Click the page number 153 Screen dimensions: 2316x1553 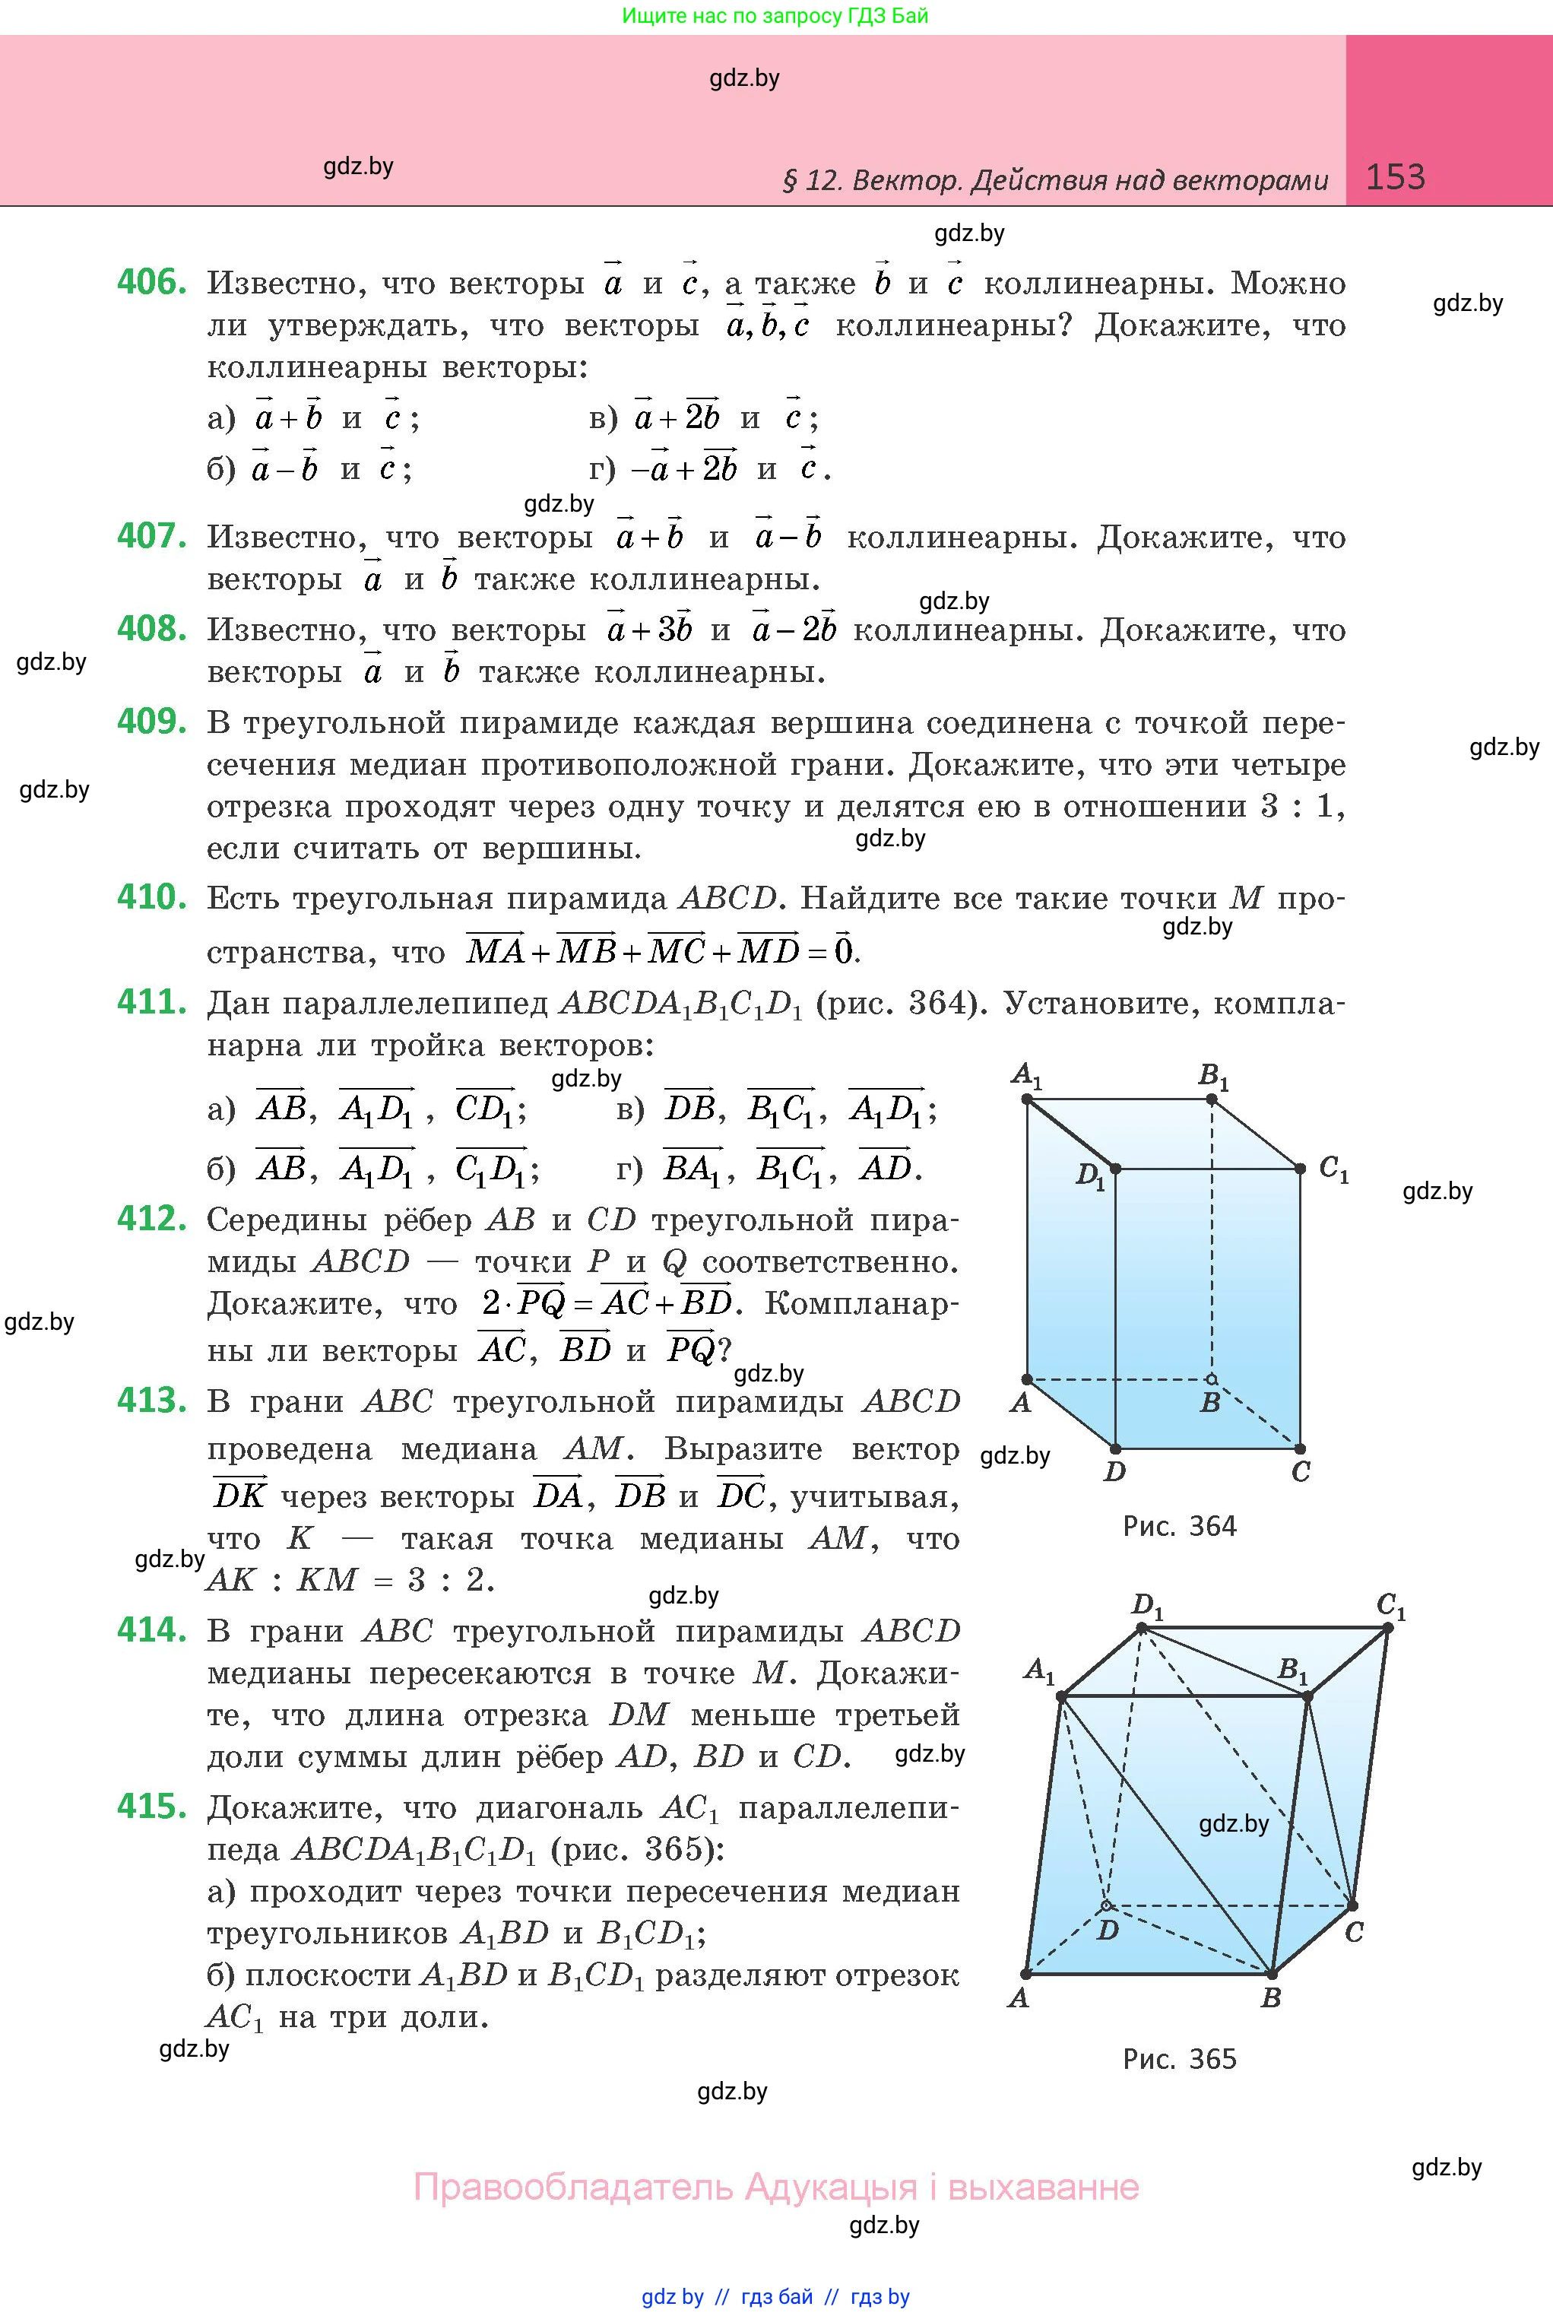click(x=1395, y=176)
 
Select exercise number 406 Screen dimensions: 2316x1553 click(x=151, y=282)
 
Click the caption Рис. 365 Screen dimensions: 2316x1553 click(x=1178, y=2060)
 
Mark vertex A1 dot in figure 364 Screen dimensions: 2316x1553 click(x=1027, y=1099)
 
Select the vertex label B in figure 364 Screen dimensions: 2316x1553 click(x=1209, y=1403)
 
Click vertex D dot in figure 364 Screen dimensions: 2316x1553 click(x=1115, y=1449)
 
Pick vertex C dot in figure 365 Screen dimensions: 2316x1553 click(x=1353, y=1905)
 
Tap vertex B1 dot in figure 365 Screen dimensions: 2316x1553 click(x=1307, y=1697)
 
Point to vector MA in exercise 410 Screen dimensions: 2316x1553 click(x=495, y=951)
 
